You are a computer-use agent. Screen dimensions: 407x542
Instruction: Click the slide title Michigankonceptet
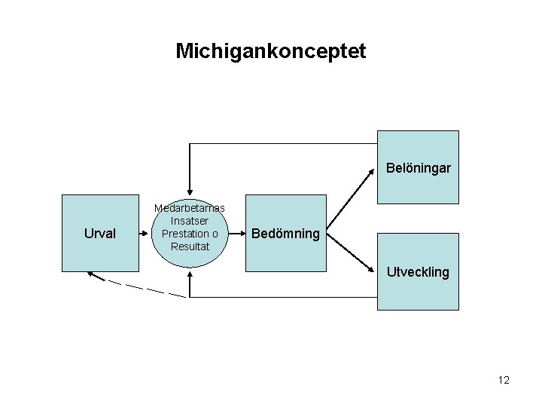pyautogui.click(x=270, y=51)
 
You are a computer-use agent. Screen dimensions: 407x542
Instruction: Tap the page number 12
pyautogui.click(x=504, y=380)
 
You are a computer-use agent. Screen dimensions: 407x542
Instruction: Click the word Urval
pyautogui.click(x=100, y=234)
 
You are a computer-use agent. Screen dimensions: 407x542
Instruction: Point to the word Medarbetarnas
pyautogui.click(x=190, y=208)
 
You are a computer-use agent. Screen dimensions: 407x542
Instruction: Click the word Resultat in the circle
pyautogui.click(x=190, y=246)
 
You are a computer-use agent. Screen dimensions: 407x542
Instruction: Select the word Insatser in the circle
pyautogui.click(x=190, y=221)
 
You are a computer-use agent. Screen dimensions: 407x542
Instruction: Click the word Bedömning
pyautogui.click(x=285, y=234)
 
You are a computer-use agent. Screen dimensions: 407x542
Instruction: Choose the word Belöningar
pyautogui.click(x=419, y=168)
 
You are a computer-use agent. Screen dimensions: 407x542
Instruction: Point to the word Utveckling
pyautogui.click(x=418, y=272)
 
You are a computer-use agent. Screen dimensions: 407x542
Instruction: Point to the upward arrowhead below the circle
pyautogui.click(x=190, y=274)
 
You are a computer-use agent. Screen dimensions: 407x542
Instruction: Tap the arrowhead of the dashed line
pyautogui.click(x=90, y=274)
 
